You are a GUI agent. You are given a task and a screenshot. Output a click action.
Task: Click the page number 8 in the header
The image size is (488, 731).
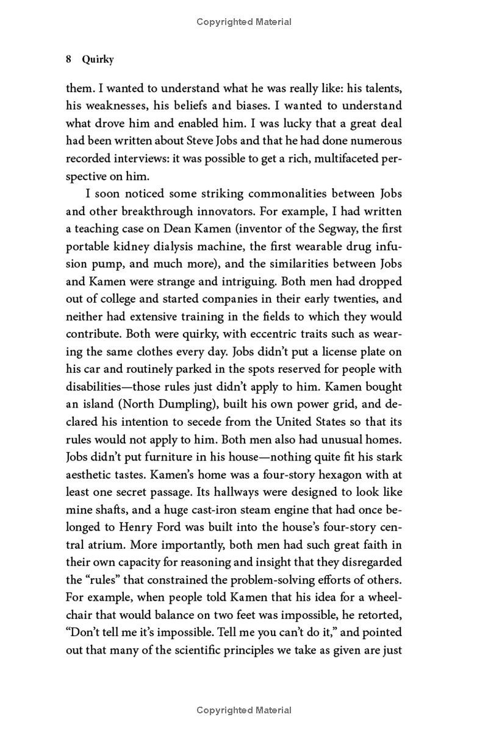(x=69, y=60)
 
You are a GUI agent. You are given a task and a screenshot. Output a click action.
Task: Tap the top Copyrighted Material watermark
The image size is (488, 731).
(x=244, y=22)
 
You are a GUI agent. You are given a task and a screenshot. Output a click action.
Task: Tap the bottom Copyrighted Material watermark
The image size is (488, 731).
(x=244, y=710)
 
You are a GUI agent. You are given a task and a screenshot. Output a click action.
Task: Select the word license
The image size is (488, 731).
(x=334, y=352)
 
